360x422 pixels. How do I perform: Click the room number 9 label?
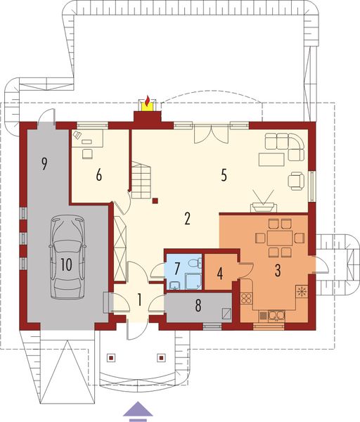click(44, 164)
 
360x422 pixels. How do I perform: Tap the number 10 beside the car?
click(66, 264)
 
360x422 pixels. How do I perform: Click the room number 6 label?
click(100, 176)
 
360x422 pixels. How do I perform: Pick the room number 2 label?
click(187, 218)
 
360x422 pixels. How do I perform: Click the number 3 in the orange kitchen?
click(278, 270)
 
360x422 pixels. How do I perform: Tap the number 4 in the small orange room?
click(219, 272)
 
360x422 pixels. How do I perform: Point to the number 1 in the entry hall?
click(139, 300)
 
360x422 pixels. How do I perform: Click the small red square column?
click(155, 203)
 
